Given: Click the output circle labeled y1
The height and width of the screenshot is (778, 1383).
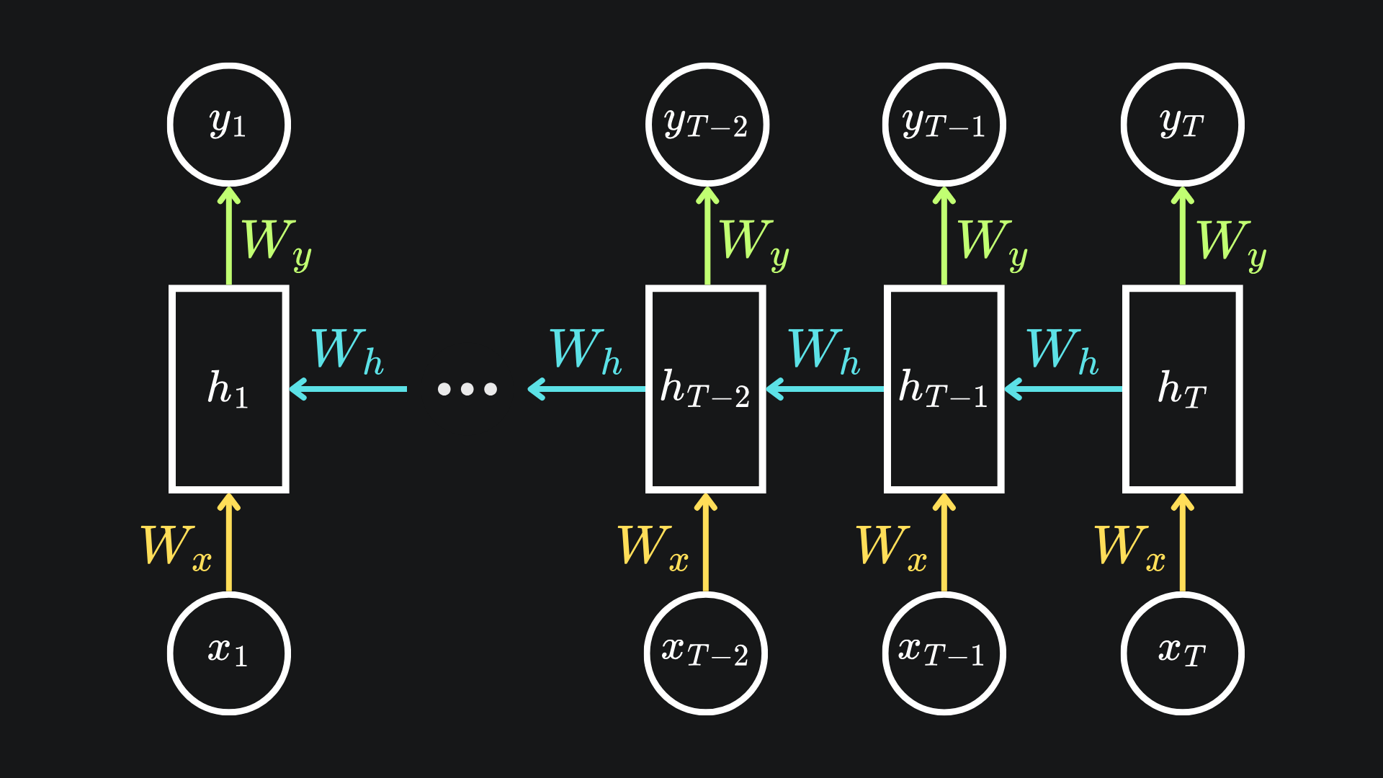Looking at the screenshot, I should [x=229, y=125].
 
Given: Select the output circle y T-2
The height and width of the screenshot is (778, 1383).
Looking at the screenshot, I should [x=707, y=125].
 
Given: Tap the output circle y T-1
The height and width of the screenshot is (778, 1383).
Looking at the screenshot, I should [x=944, y=125].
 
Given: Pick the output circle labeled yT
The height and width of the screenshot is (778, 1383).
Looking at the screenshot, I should [x=1182, y=125].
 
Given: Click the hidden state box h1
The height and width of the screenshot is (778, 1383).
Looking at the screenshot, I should [x=229, y=389].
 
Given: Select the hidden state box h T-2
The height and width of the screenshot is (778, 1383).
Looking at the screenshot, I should [x=706, y=389].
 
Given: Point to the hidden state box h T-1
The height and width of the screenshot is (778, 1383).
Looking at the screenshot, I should [x=944, y=389].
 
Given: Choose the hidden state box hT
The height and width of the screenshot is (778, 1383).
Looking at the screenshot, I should [x=1182, y=389].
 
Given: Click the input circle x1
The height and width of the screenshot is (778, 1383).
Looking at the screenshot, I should [x=229, y=653].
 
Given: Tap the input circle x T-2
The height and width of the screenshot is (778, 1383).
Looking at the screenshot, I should [x=706, y=653].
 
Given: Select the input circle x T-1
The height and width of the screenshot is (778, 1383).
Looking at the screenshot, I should [x=944, y=653].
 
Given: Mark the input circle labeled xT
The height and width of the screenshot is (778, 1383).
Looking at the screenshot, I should [x=1182, y=653].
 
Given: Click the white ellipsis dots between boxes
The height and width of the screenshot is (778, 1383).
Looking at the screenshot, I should [x=467, y=389].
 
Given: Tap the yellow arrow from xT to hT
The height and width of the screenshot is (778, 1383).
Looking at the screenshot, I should [x=1182, y=543].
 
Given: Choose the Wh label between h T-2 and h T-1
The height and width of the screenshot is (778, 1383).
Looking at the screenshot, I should [x=824, y=352].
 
